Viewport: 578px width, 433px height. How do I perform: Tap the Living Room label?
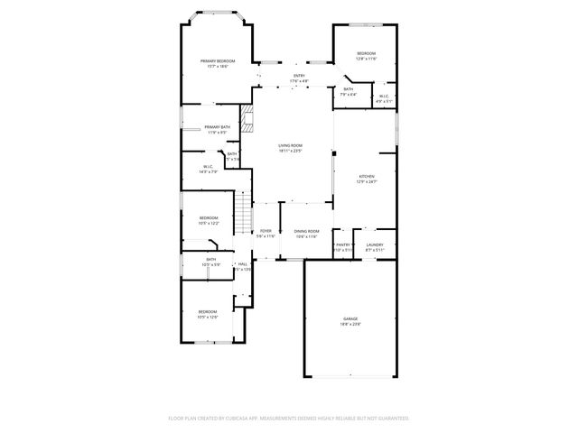tap(290, 148)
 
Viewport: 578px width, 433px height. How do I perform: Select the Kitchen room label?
tap(365, 179)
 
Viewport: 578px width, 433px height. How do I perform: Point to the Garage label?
tap(350, 321)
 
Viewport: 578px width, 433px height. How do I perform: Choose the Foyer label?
tap(266, 234)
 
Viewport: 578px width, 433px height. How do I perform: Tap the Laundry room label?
tap(374, 245)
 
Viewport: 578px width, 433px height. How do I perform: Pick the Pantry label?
tap(342, 245)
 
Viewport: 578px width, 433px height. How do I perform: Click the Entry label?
tap(299, 78)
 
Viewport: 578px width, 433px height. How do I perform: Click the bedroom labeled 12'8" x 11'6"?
tap(365, 56)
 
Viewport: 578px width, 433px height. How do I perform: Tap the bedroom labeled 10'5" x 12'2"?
tap(209, 220)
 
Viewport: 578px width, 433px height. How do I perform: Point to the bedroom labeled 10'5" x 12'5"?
tap(208, 314)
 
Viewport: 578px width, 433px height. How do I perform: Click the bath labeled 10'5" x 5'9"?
tap(210, 262)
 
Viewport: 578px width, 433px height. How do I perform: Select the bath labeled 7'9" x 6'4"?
tap(349, 91)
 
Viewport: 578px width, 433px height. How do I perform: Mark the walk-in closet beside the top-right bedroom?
tap(383, 98)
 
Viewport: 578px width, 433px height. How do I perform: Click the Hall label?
tap(242, 266)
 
